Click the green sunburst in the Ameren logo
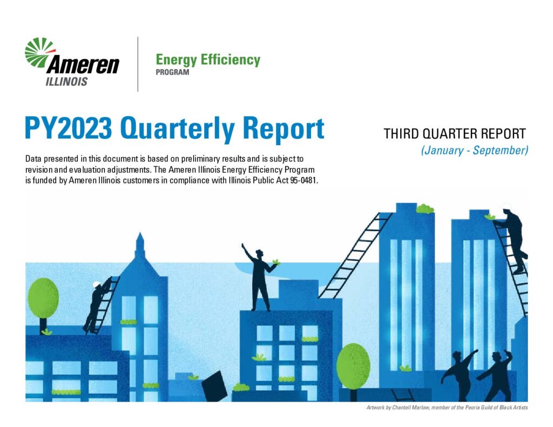pos(39,52)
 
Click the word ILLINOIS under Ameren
pos(66,82)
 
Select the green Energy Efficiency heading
pos(208,60)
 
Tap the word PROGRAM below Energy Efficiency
pos(172,72)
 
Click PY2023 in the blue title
pos(69,128)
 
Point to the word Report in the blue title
pos(283,130)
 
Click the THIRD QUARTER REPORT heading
pos(455,134)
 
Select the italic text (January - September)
pos(475,151)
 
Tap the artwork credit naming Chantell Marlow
pos(447,408)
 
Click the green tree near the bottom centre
pos(353,366)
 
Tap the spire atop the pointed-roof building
pos(140,245)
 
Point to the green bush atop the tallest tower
pos(424,209)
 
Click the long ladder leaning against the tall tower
pos(355,255)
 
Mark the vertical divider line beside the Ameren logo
pos(138,64)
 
